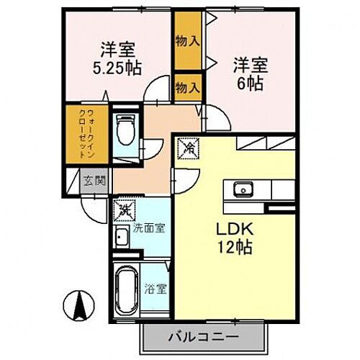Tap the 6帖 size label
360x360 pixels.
point(250,82)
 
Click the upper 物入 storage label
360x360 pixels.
point(188,41)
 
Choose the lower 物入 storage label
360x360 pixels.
point(188,88)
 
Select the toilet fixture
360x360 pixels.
point(126,130)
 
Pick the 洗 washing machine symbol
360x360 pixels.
point(125,211)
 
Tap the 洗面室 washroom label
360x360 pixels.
point(149,228)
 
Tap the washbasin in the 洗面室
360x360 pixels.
point(122,238)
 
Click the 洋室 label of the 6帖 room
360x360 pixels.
point(250,64)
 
